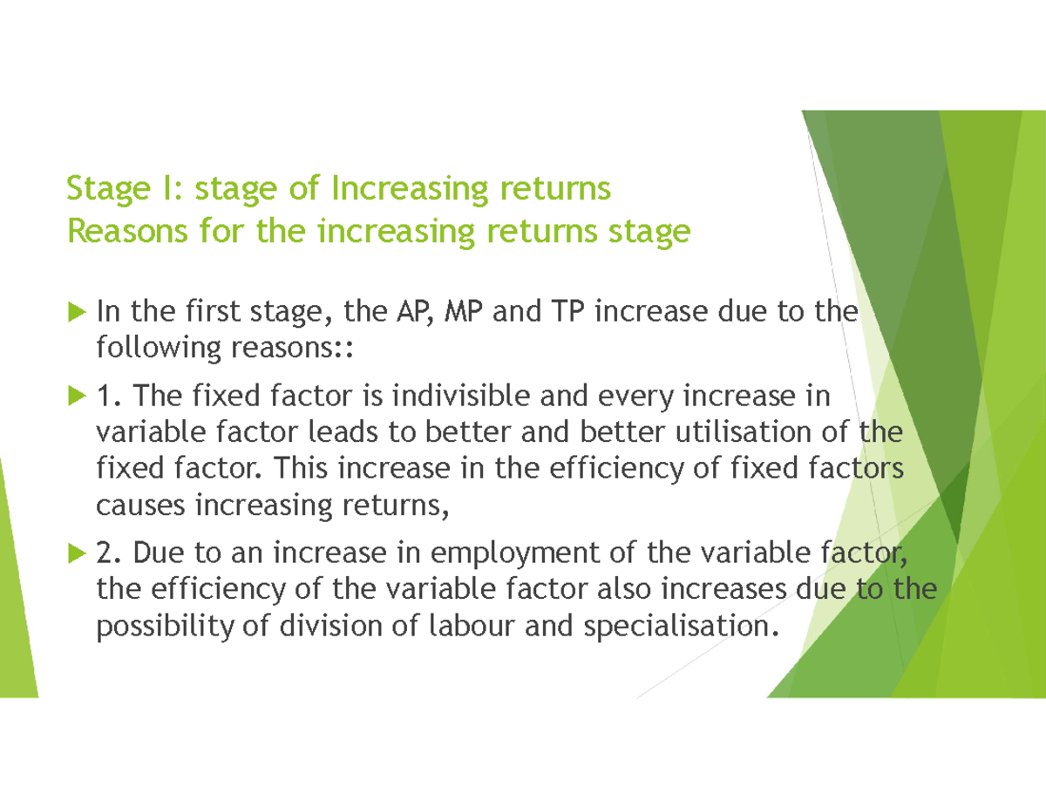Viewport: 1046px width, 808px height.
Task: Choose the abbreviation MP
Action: coord(465,310)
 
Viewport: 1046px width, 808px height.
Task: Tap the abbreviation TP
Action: coord(564,310)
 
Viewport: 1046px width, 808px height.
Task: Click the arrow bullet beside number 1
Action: coord(76,397)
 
